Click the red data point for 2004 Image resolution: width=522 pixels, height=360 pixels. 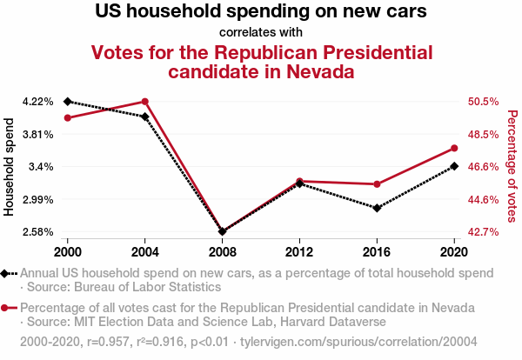tap(144, 102)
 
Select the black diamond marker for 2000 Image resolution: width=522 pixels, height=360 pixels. tap(67, 102)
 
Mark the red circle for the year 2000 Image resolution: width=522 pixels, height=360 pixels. tap(67, 117)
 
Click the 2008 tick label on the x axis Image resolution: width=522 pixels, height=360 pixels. tap(222, 251)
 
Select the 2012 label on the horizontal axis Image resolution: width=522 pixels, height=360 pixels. tap(299, 251)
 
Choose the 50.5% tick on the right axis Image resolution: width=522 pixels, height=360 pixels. tap(483, 102)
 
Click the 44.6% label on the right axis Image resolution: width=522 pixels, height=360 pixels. tap(483, 199)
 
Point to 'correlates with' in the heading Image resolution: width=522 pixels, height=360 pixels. tap(261, 33)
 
